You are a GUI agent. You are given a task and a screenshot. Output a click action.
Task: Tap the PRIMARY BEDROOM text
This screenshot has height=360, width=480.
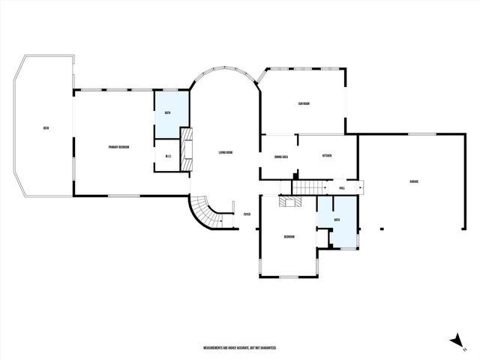[x=118, y=147]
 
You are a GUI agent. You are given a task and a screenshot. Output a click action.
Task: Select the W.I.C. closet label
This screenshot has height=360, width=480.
[x=169, y=157]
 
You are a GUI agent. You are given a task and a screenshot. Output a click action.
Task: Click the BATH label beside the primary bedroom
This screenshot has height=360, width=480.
[x=168, y=112]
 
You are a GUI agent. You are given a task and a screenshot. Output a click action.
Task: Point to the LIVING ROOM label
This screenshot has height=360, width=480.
[x=226, y=153]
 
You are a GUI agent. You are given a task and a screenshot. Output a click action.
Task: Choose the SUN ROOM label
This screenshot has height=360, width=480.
[x=304, y=103]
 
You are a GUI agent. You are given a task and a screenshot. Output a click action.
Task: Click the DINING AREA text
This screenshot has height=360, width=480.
[x=282, y=156]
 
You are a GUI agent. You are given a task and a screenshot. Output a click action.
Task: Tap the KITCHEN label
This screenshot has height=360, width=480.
[x=327, y=155]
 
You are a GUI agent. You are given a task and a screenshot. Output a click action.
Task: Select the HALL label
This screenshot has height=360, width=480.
[x=342, y=187]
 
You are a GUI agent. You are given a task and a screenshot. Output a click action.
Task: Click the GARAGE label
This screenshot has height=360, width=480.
[x=413, y=182]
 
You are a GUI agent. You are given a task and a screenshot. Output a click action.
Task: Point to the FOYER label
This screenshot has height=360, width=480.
[x=246, y=214]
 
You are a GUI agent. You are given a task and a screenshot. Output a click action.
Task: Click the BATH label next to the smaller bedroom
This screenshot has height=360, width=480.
[x=337, y=220]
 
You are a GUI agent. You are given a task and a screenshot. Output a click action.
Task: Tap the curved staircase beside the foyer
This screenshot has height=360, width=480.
[x=204, y=212]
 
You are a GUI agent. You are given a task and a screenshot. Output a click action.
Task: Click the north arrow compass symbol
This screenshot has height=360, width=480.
[x=455, y=341]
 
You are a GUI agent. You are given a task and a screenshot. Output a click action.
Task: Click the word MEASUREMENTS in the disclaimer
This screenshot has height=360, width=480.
[x=217, y=348]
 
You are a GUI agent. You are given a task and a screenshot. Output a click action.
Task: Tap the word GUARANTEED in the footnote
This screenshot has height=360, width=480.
[x=267, y=348]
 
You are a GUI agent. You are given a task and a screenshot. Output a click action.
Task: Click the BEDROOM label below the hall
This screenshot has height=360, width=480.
[x=289, y=236]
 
